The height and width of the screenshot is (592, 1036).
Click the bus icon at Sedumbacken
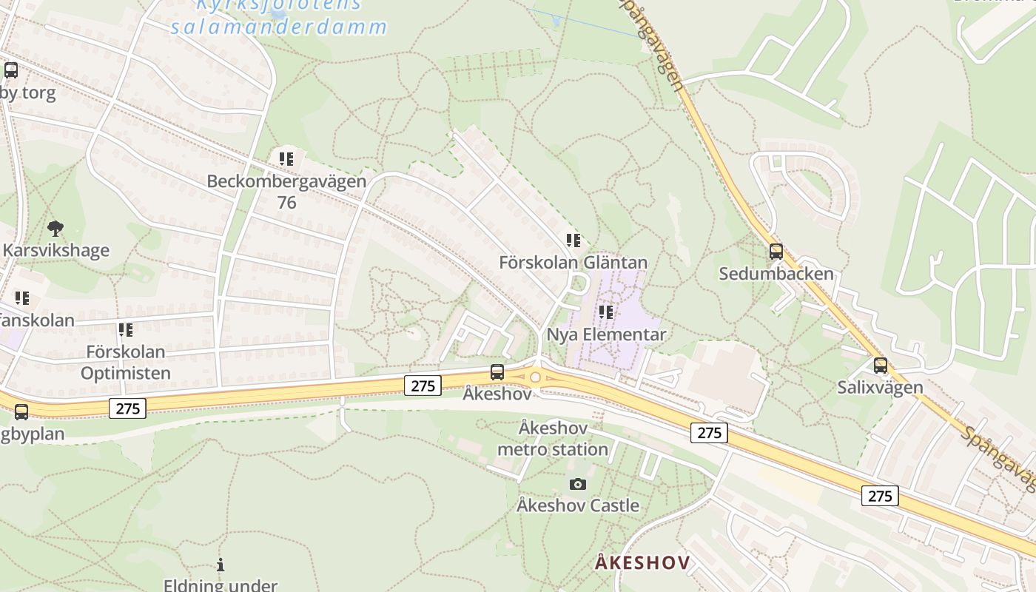pyautogui.click(x=776, y=252)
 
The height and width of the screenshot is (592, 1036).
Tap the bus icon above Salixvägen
pyautogui.click(x=880, y=365)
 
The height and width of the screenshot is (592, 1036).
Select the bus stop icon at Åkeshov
pyautogui.click(x=497, y=372)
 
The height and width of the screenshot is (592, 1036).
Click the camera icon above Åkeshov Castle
pyautogui.click(x=578, y=484)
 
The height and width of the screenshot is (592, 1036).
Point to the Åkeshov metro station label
pyautogui.click(x=553, y=439)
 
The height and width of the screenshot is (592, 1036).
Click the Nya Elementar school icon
pyautogui.click(x=606, y=312)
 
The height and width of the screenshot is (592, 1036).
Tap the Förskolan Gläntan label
pyautogui.click(x=573, y=263)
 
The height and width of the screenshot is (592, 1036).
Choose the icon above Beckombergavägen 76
pyautogui.click(x=286, y=158)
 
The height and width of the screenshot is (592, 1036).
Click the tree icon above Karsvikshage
pyautogui.click(x=55, y=228)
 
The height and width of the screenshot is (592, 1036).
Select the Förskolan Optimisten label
pyautogui.click(x=125, y=362)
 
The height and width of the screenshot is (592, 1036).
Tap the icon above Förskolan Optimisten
pyautogui.click(x=125, y=329)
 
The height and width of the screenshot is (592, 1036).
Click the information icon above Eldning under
pyautogui.click(x=220, y=565)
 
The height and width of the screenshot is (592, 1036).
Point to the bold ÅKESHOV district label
pyautogui.click(x=642, y=562)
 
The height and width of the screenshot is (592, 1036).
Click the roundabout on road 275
pyautogui.click(x=535, y=377)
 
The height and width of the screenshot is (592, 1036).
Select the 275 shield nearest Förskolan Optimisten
pyautogui.click(x=127, y=408)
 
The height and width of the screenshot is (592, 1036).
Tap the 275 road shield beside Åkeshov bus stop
pyautogui.click(x=423, y=385)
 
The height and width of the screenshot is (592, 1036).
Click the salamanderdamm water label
pyautogui.click(x=279, y=27)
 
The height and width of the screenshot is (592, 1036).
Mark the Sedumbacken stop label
pyautogui.click(x=776, y=274)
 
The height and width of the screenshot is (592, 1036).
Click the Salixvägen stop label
pyautogui.click(x=880, y=387)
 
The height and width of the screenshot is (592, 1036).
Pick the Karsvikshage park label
pyautogui.click(x=56, y=250)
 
